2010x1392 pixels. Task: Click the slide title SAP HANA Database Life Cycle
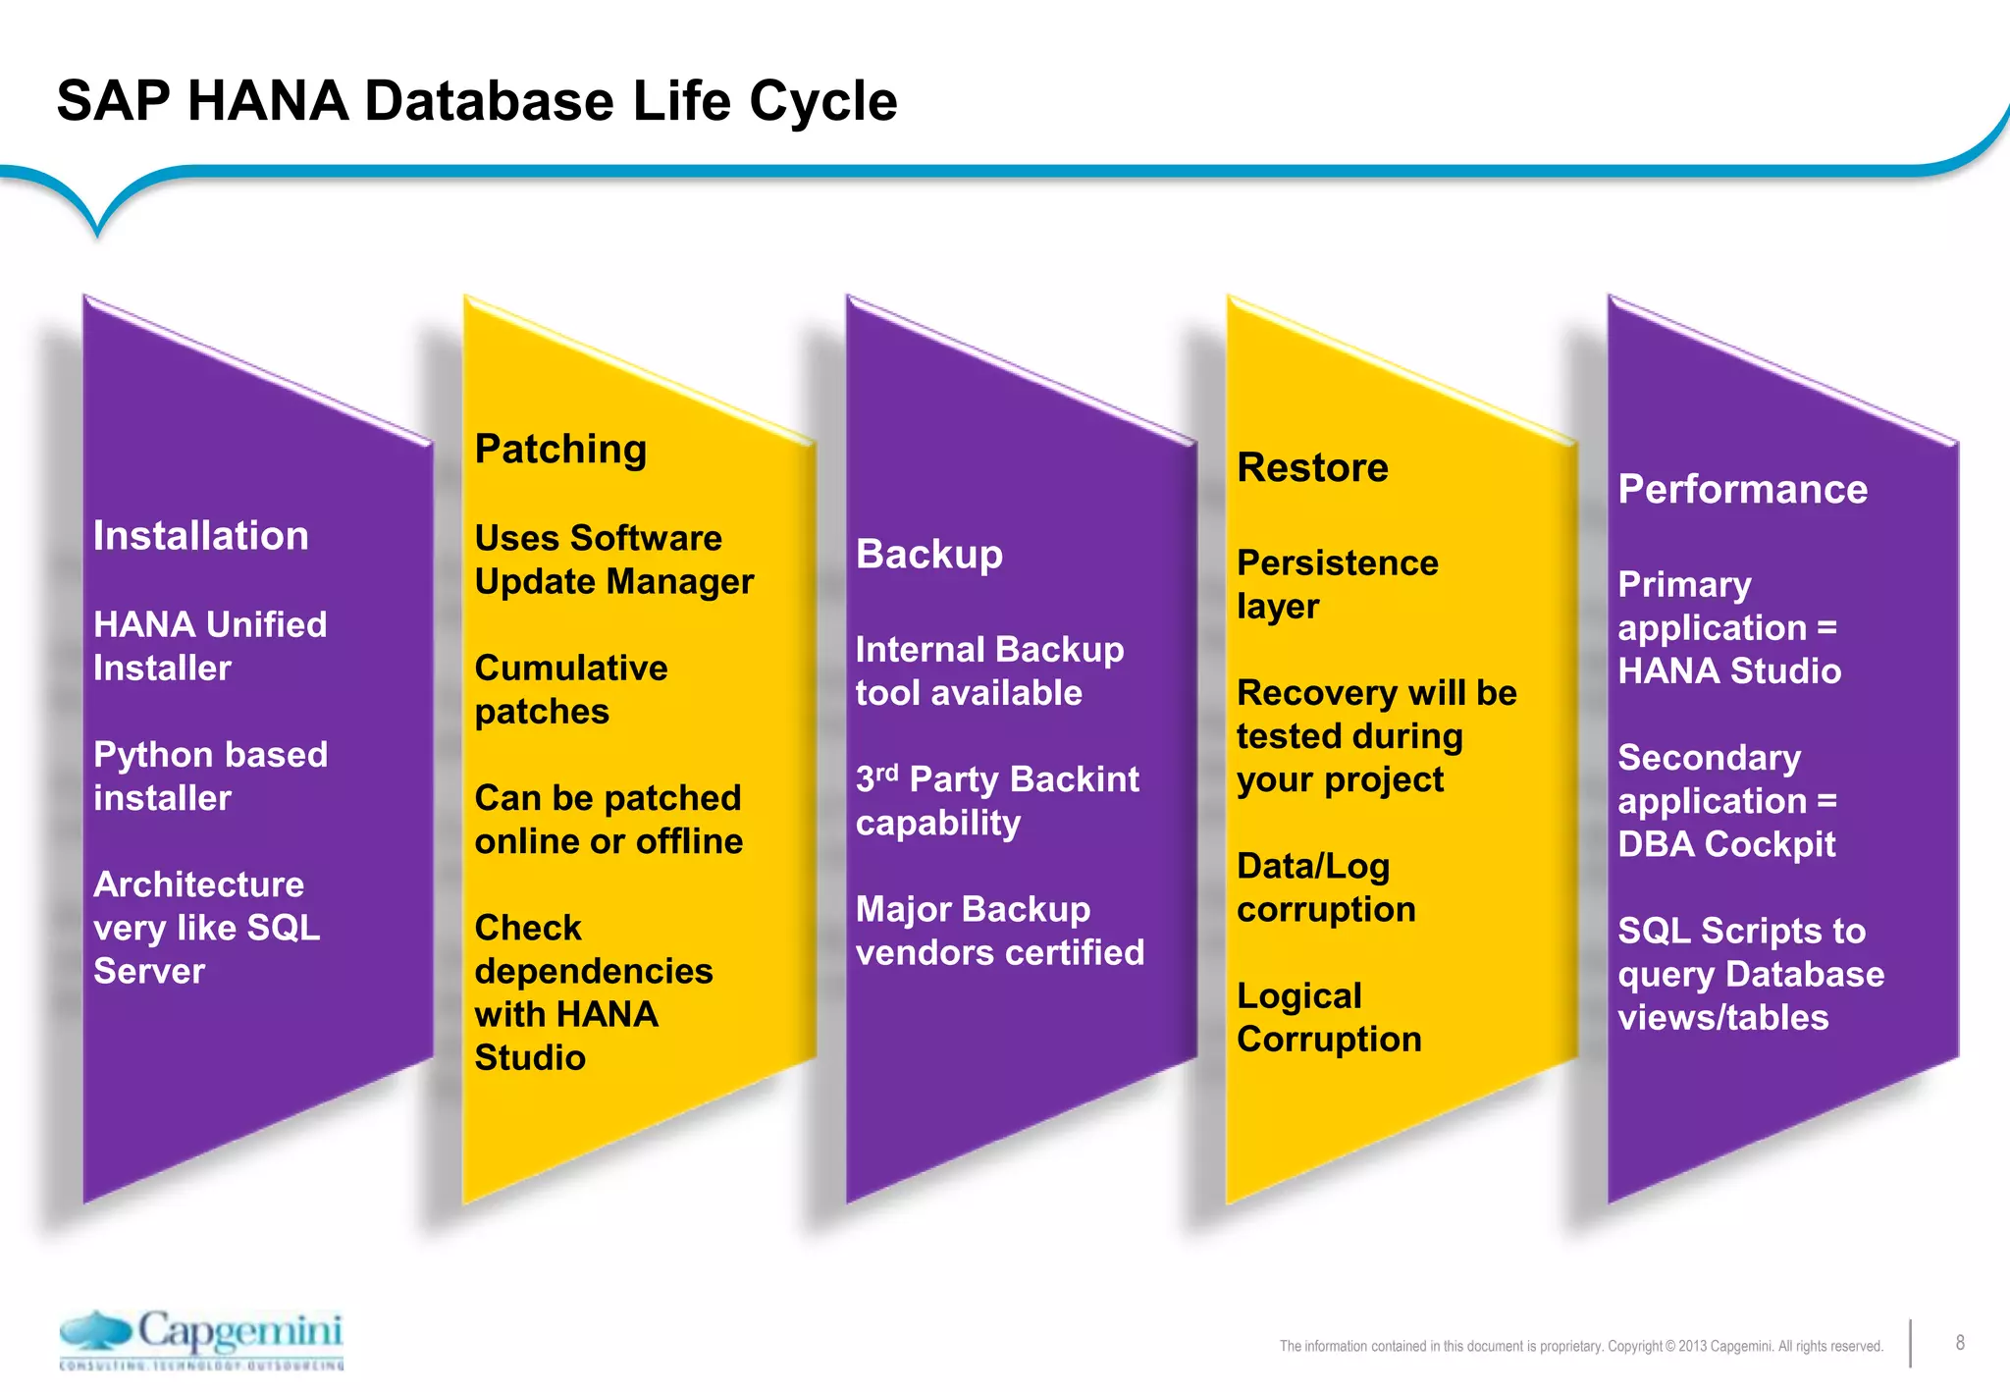click(x=477, y=101)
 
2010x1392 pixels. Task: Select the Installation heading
click(x=200, y=536)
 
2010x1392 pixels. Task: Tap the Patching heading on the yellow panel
click(x=560, y=450)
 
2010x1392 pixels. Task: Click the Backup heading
click(x=928, y=555)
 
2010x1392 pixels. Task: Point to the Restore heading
click(x=1312, y=468)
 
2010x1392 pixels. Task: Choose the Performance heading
click(x=1742, y=490)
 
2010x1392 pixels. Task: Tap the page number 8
click(x=1959, y=1343)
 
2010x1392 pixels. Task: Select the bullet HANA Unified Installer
click(x=209, y=646)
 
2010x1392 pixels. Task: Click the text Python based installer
click(x=209, y=776)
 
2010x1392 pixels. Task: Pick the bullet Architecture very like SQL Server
click(x=206, y=928)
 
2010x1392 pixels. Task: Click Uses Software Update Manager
click(x=613, y=560)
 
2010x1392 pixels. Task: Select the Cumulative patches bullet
click(x=570, y=689)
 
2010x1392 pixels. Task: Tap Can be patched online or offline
click(x=608, y=820)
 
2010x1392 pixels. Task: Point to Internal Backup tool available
click(x=988, y=671)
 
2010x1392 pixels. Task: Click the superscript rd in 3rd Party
click(x=886, y=772)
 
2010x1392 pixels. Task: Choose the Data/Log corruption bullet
click(x=1325, y=887)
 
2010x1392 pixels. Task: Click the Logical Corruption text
click(x=1328, y=1017)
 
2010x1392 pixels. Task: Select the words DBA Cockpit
click(x=1726, y=844)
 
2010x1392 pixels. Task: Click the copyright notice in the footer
click(x=1580, y=1346)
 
